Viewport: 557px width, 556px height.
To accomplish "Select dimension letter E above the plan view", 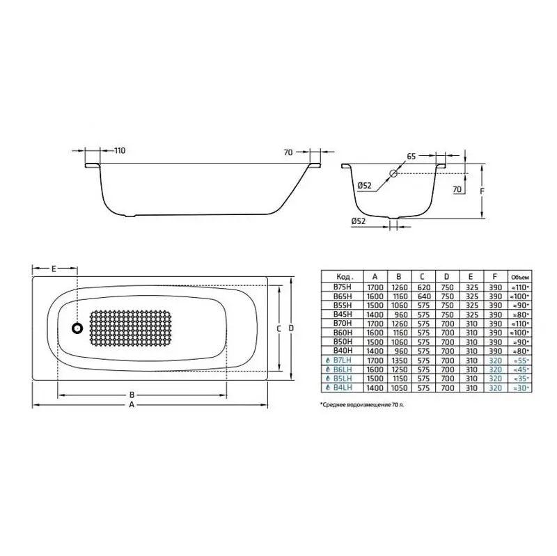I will [x=54, y=268].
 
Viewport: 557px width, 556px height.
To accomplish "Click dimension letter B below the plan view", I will [x=132, y=395].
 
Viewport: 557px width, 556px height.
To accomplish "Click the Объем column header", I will [x=521, y=276].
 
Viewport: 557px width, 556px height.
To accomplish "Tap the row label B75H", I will [x=343, y=286].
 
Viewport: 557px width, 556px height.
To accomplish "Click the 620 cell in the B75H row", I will [x=423, y=286].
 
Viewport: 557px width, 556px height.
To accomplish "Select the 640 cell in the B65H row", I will [x=423, y=295].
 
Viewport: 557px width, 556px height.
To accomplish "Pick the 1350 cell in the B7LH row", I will [x=398, y=359].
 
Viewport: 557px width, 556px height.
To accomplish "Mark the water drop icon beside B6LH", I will [x=327, y=368].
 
